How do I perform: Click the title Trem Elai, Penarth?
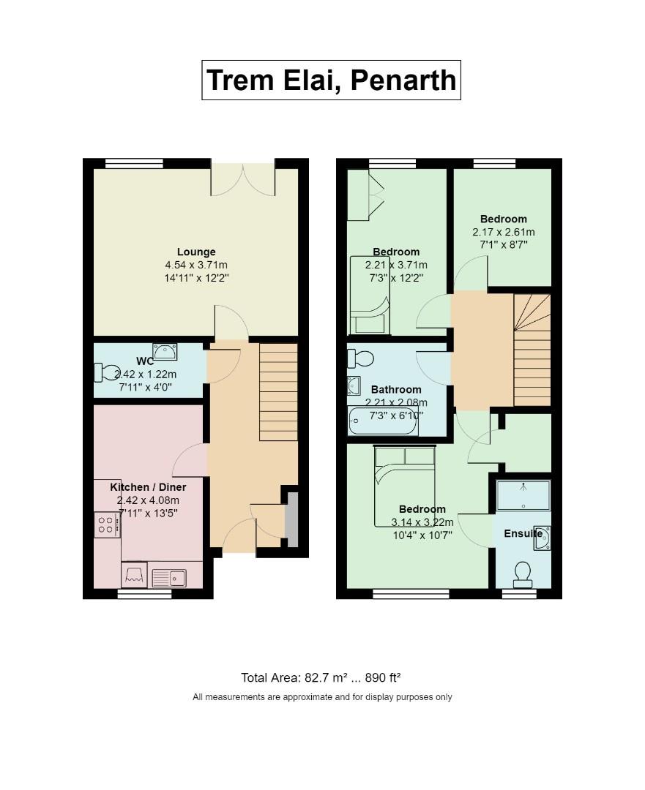point(331,80)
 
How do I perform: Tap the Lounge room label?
point(196,252)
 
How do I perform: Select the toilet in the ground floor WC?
point(107,372)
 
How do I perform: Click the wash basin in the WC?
point(165,351)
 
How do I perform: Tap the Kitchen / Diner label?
point(148,487)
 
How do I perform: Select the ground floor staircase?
point(278,392)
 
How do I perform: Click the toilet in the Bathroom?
point(360,358)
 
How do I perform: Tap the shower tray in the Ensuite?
point(523,495)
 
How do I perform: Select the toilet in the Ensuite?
point(523,574)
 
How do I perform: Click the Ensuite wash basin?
point(542,537)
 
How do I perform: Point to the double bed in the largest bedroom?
point(405,486)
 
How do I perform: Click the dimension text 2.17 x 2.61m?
point(503,233)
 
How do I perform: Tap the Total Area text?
point(321,677)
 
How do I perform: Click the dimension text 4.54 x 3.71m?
point(196,265)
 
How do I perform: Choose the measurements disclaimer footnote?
point(322,697)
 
